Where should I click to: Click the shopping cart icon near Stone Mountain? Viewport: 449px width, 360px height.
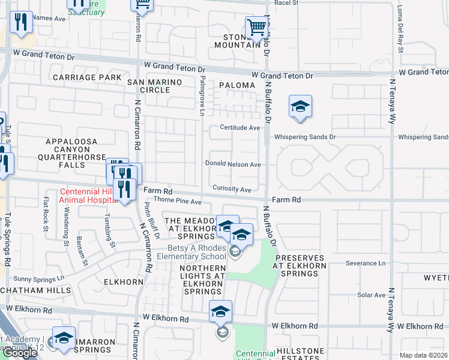pyautogui.click(x=256, y=28)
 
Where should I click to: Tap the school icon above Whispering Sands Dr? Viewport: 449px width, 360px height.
pyautogui.click(x=300, y=107)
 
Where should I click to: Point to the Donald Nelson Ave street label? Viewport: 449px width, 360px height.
pyautogui.click(x=233, y=164)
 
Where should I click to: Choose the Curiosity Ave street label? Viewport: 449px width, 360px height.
pyautogui.click(x=231, y=190)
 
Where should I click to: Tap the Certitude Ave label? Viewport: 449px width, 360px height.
pyautogui.click(x=240, y=128)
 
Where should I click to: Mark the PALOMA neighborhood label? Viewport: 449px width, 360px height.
pyautogui.click(x=237, y=85)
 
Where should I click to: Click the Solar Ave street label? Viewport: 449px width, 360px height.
pyautogui.click(x=371, y=295)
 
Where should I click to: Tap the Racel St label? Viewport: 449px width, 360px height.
pyautogui.click(x=286, y=3)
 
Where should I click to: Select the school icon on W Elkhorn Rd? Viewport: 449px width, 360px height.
pyautogui.click(x=220, y=311)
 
